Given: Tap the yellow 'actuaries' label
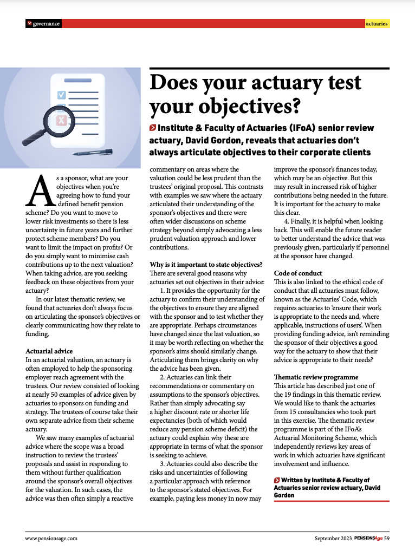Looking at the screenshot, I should [377, 24].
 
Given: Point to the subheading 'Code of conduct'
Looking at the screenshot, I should [298, 273].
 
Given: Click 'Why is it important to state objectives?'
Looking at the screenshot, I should [206, 265].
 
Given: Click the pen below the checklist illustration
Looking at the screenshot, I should [94, 153].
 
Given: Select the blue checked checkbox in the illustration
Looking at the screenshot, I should [61, 95].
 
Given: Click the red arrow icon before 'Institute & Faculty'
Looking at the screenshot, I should [153, 128].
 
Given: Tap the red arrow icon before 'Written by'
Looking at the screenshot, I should [277, 480].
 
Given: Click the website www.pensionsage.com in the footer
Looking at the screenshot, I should [51, 538].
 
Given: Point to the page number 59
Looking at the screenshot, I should [387, 538].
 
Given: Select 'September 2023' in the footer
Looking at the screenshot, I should [333, 538].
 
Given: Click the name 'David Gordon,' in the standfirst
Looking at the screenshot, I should [207, 140].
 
